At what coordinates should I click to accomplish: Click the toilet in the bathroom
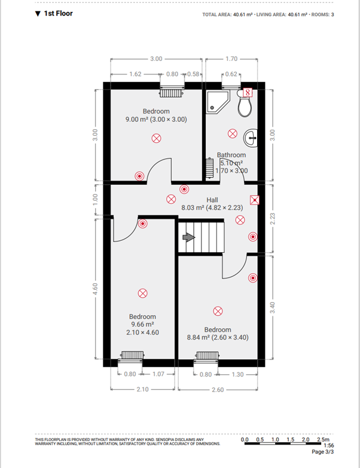(245, 104)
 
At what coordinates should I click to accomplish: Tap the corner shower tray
(218, 102)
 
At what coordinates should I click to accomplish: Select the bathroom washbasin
(251, 138)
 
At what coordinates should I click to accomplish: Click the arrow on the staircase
(188, 237)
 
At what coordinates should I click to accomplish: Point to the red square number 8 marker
(248, 92)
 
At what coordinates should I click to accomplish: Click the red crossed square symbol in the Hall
(255, 200)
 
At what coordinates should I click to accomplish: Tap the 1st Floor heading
(54, 13)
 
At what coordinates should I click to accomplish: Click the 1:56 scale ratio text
(329, 445)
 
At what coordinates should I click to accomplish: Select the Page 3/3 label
(323, 452)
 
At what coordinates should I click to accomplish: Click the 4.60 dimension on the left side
(95, 289)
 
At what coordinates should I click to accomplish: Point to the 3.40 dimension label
(273, 308)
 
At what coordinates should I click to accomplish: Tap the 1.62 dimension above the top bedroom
(135, 74)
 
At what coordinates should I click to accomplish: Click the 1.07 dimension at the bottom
(158, 374)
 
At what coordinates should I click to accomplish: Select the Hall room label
(212, 200)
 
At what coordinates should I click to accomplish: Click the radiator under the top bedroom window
(171, 93)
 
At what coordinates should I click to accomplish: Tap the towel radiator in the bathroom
(210, 168)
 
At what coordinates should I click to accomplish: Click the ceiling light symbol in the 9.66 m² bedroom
(143, 293)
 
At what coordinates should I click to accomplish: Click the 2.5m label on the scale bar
(324, 439)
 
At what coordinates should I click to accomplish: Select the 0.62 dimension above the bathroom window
(231, 74)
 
